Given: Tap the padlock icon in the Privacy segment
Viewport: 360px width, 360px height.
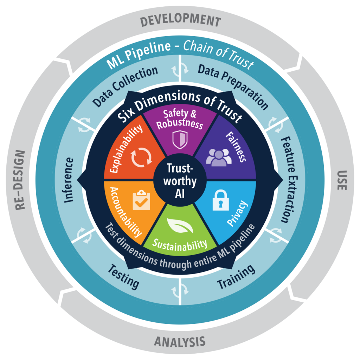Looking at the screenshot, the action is (220, 200).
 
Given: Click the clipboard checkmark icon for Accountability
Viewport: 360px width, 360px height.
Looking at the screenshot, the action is (141, 200).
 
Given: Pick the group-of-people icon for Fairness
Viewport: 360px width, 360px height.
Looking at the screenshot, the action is (219, 157).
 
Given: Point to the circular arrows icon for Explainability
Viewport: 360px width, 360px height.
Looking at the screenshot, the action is (141, 157).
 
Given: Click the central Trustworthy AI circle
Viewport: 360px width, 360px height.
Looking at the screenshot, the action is (180, 180).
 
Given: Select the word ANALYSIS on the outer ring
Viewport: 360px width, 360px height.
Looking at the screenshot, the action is (180, 342).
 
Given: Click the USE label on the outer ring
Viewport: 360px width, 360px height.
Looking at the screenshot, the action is (342, 180).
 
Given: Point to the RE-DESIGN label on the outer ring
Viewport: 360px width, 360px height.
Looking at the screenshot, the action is (20, 180).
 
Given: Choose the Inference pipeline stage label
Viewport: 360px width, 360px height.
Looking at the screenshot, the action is (69, 180).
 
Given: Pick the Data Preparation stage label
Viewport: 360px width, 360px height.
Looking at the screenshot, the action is (233, 86).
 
